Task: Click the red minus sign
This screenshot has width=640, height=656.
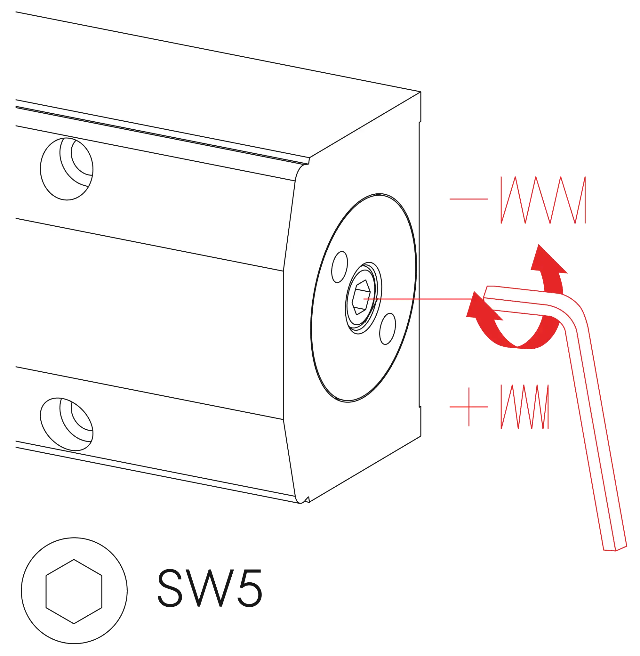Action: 469,199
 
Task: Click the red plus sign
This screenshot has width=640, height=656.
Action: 469,407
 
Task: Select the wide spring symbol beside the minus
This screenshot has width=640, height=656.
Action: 543,200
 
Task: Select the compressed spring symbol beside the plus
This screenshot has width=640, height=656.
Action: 525,407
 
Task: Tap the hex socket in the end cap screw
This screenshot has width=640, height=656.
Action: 361,297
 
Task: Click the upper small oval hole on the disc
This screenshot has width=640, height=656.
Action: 340,267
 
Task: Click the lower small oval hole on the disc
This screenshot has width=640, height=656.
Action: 388,329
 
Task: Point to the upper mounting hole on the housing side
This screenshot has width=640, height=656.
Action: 67,169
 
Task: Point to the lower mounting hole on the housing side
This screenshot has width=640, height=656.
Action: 67,424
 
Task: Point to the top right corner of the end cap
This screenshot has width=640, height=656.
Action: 421,92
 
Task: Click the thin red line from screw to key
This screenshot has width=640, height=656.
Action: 419,299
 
